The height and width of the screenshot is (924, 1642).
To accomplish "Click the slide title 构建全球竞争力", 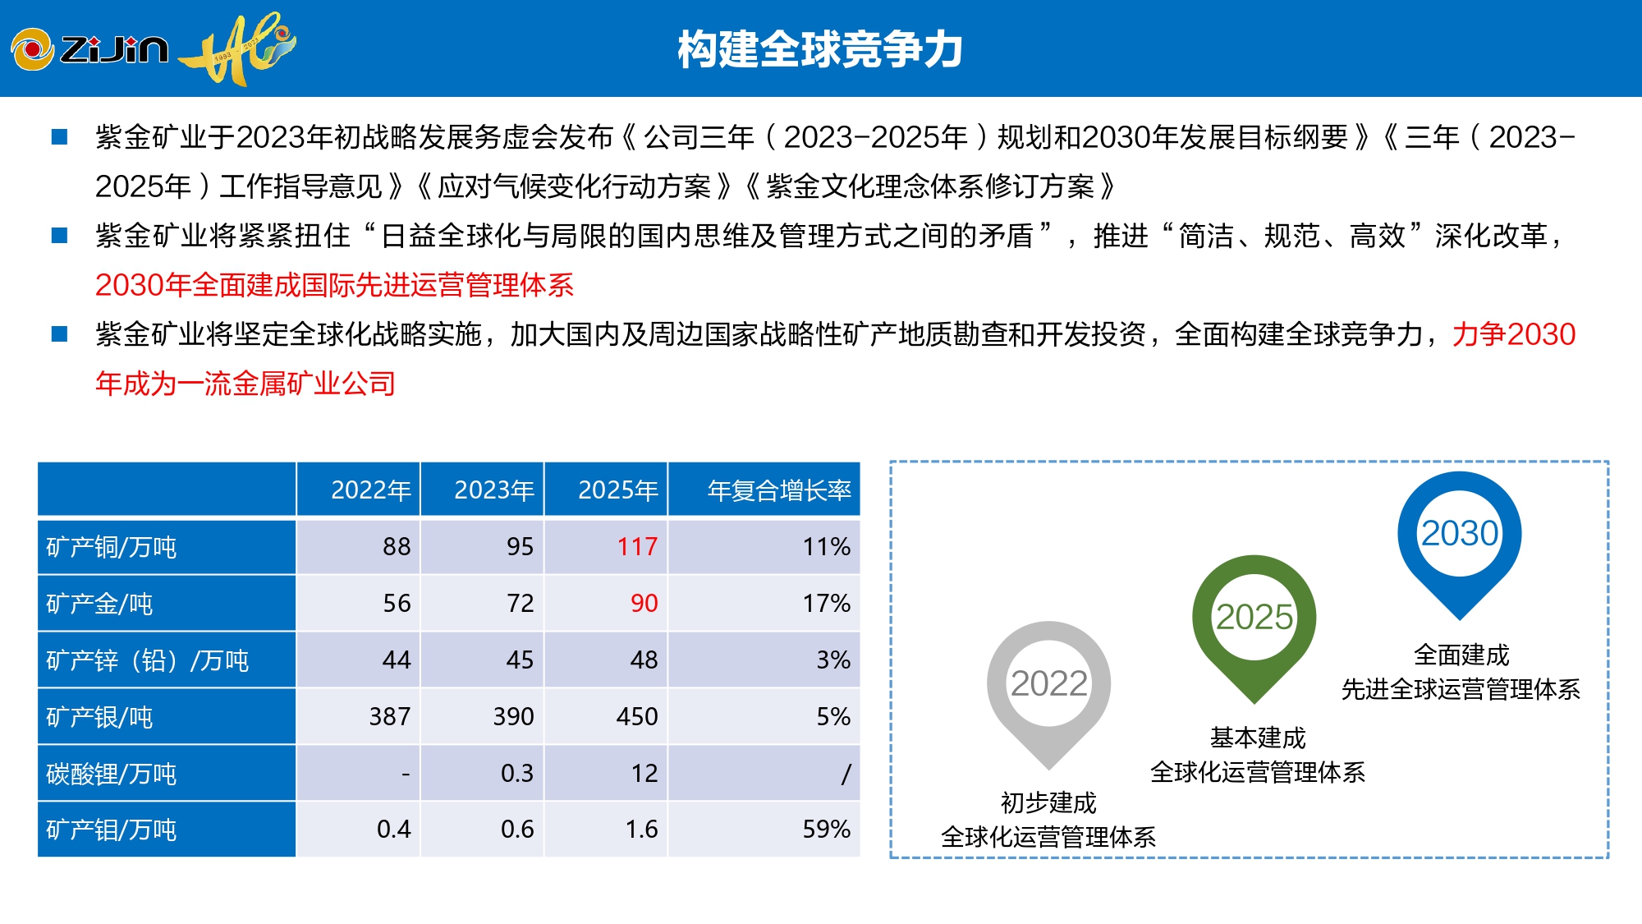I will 819,49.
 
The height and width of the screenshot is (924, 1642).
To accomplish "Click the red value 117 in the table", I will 637,547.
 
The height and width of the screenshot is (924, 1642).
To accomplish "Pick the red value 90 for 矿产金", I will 644,604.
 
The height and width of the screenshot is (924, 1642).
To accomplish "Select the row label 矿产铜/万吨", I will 112,547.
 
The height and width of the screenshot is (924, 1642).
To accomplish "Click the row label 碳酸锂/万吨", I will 112,774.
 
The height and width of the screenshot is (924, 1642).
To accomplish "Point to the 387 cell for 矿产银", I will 389,717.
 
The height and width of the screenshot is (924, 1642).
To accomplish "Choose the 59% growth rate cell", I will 826,830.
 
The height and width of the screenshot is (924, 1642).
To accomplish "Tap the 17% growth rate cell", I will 826,604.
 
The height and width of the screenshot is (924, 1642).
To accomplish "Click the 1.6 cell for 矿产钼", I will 641,830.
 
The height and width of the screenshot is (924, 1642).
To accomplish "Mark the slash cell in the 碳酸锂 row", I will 846,774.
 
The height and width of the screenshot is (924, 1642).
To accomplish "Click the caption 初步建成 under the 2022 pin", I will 1048,802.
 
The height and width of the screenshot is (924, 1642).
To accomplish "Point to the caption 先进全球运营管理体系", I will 1461,689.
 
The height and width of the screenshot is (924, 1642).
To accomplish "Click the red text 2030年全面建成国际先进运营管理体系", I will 334,285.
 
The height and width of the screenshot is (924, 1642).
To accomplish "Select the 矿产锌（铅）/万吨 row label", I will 148,660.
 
